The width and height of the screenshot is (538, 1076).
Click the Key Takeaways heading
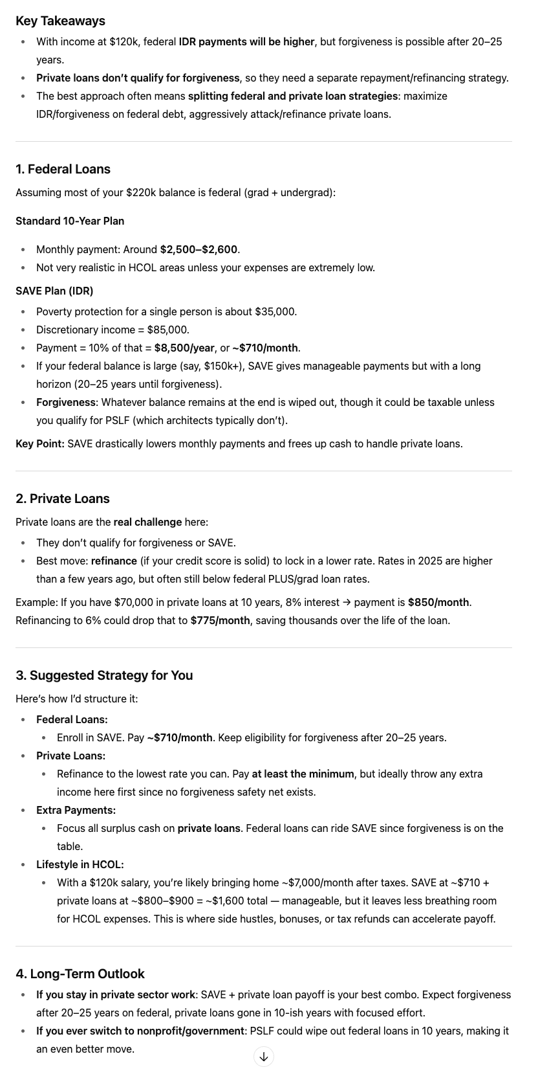pyautogui.click(x=60, y=21)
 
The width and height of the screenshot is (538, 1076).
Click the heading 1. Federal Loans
pyautogui.click(x=63, y=169)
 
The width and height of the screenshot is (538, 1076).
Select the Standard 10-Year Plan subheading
pyautogui.click(x=70, y=221)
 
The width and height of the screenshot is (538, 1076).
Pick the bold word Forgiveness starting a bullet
pyautogui.click(x=66, y=402)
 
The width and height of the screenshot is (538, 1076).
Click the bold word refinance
pyautogui.click(x=114, y=561)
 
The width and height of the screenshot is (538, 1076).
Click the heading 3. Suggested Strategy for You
pyautogui.click(x=104, y=675)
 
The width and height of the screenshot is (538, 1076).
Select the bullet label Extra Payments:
pyautogui.click(x=76, y=810)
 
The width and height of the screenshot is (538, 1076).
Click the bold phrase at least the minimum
pyautogui.click(x=303, y=774)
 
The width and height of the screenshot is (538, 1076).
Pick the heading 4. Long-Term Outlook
pyautogui.click(x=80, y=974)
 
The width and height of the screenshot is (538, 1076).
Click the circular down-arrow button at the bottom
pyautogui.click(x=264, y=1057)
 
